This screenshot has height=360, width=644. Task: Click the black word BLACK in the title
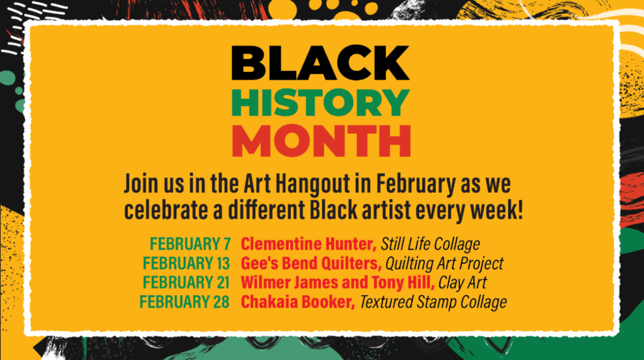pos(320,63)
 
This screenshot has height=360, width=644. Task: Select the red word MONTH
pos(321,140)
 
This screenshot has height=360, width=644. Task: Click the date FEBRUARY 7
pos(190,244)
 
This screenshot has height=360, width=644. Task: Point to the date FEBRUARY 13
pos(186,263)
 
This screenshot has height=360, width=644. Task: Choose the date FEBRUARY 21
pos(186,283)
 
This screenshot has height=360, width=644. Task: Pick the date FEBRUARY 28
pos(184,302)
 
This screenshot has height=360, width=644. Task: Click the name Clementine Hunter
pos(308,244)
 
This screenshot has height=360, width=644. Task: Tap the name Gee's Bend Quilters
pos(311,263)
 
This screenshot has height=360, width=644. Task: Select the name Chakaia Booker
pos(298,302)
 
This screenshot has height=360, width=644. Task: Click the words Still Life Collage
pos(431,244)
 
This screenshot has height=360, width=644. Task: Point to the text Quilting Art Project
pos(444,263)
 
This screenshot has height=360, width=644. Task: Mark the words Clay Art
pos(462,283)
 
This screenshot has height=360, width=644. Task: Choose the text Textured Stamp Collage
pos(433,302)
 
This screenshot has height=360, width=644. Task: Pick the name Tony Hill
pos(403,283)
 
